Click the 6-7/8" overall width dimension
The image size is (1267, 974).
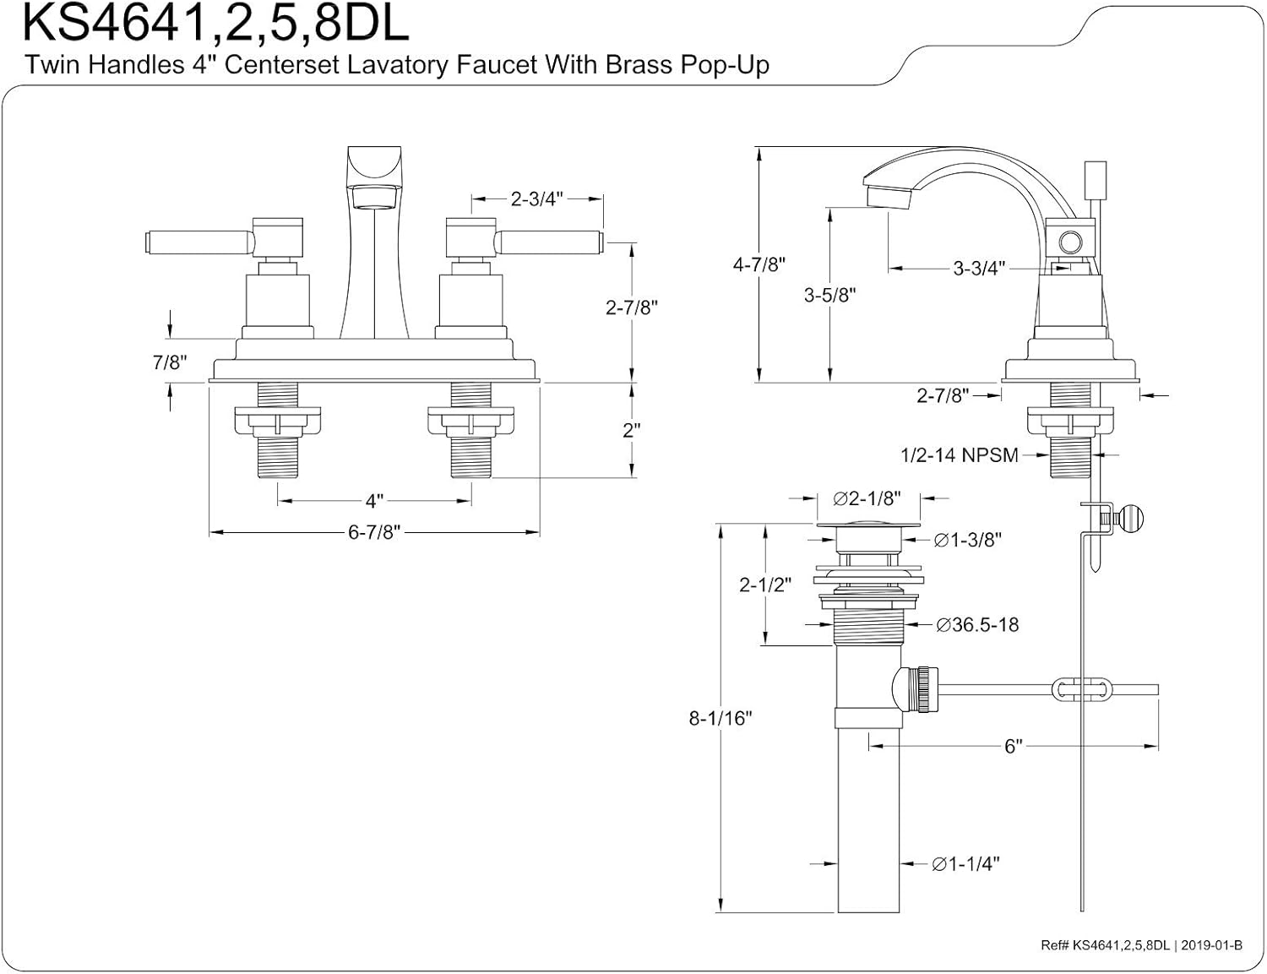(373, 533)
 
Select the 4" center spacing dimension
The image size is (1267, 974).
(374, 502)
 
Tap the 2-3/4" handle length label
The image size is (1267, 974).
(536, 199)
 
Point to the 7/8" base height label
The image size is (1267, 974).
(169, 362)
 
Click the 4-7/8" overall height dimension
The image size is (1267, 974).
(759, 264)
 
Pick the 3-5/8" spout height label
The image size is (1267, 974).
(829, 295)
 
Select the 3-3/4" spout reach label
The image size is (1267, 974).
(979, 269)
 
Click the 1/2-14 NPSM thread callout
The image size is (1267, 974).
(959, 455)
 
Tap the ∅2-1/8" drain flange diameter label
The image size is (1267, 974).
(867, 498)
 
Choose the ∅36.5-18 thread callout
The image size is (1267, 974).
(977, 625)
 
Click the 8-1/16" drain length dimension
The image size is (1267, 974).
(721, 718)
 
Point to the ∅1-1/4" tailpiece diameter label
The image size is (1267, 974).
(965, 864)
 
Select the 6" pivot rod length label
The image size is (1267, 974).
(1013, 747)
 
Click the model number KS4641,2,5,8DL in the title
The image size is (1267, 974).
(215, 24)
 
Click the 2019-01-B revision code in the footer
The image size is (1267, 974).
(1212, 945)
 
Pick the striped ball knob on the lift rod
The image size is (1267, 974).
(1129, 517)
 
